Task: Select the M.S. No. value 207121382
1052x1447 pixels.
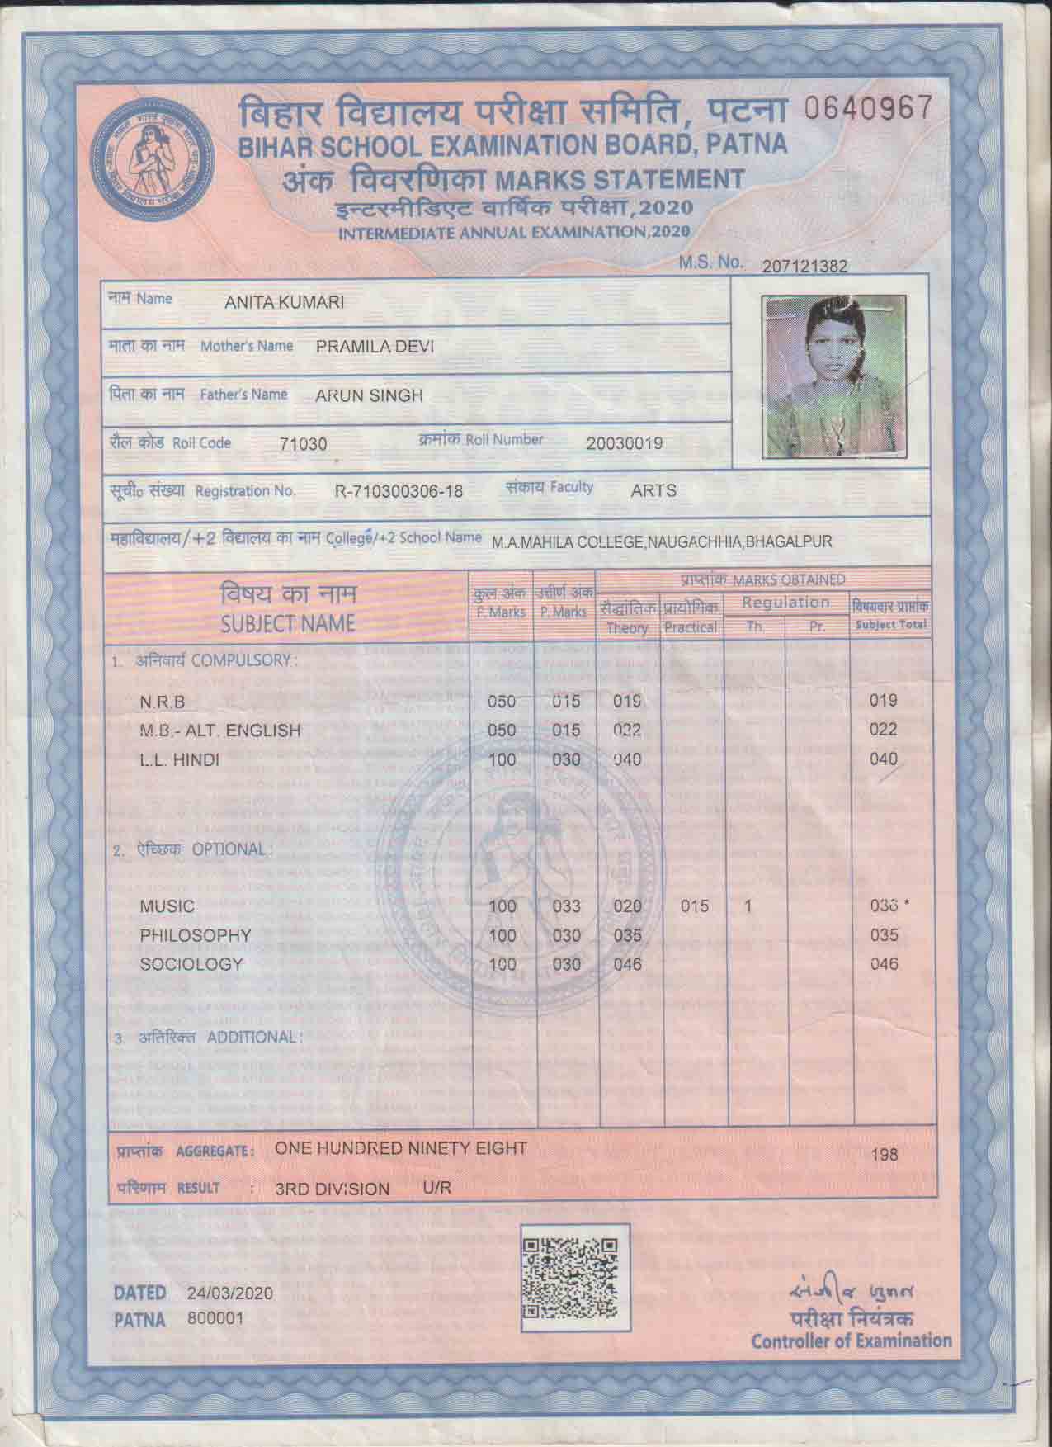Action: [x=805, y=266]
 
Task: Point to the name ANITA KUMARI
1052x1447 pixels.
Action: [x=285, y=303]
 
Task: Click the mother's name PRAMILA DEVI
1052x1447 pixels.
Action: [x=375, y=347]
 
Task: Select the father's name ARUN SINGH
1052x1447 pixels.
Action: [x=369, y=395]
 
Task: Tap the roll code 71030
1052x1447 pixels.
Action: [x=304, y=444]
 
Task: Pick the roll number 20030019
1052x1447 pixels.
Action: [x=625, y=443]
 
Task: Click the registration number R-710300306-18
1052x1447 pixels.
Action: [x=399, y=492]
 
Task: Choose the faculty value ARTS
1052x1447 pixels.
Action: [x=653, y=491]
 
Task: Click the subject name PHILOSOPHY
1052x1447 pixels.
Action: [x=195, y=935]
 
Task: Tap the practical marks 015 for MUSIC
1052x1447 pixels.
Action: [x=696, y=906]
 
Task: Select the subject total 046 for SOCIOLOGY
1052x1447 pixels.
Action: [x=884, y=964]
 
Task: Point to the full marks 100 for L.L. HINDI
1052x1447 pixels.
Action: [x=502, y=759]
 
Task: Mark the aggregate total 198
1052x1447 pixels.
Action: [x=885, y=1155]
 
